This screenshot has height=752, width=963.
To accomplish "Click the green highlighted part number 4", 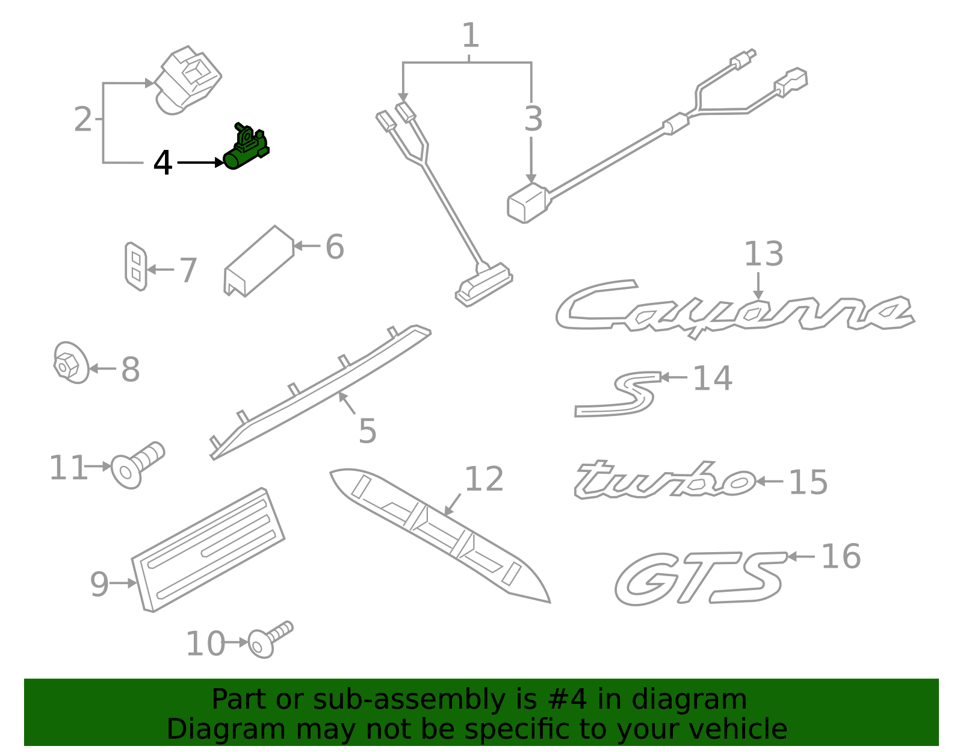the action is pyautogui.click(x=246, y=148).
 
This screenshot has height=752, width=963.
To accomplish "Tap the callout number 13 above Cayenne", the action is pyautogui.click(x=763, y=254).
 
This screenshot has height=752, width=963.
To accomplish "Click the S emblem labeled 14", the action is pyautogui.click(x=618, y=394).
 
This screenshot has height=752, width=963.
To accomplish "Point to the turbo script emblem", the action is pyautogui.click(x=664, y=480).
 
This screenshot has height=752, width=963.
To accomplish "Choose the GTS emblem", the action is pyautogui.click(x=700, y=578).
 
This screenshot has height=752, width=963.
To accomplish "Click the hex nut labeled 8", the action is pyautogui.click(x=71, y=362).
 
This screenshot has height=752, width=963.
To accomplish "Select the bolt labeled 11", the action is pyautogui.click(x=137, y=465).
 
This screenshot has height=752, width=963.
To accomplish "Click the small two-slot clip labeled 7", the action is pyautogui.click(x=135, y=266).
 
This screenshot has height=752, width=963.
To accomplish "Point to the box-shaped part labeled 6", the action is pyautogui.click(x=259, y=261).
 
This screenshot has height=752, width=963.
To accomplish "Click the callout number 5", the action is pyautogui.click(x=367, y=430).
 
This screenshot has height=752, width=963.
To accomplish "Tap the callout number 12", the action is pyautogui.click(x=484, y=479).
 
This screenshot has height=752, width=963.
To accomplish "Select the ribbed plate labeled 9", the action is pyautogui.click(x=208, y=550).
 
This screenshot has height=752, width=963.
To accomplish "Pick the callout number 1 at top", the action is pyautogui.click(x=470, y=36).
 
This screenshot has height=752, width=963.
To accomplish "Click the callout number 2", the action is pyautogui.click(x=83, y=119).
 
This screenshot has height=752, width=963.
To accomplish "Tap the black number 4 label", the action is pyautogui.click(x=162, y=163).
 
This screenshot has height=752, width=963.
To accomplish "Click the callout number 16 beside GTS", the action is pyautogui.click(x=841, y=556).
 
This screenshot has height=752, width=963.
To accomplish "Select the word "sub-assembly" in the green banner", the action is pyautogui.click(x=409, y=699).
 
